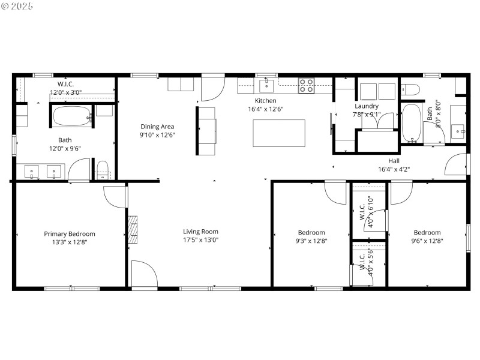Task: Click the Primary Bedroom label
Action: (x=70, y=234)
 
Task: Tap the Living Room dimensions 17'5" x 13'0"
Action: (x=200, y=239)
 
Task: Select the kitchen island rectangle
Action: (x=278, y=133)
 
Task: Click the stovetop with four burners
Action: (x=307, y=86)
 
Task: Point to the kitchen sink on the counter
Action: (x=266, y=85)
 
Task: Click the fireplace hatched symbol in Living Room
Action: (x=133, y=229)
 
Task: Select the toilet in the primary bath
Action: (x=103, y=170)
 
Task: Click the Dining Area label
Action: (x=157, y=127)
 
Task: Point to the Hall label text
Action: (x=394, y=161)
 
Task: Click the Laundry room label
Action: (x=367, y=106)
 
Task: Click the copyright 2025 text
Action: (x=17, y=6)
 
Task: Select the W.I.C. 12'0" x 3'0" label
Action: (x=69, y=88)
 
